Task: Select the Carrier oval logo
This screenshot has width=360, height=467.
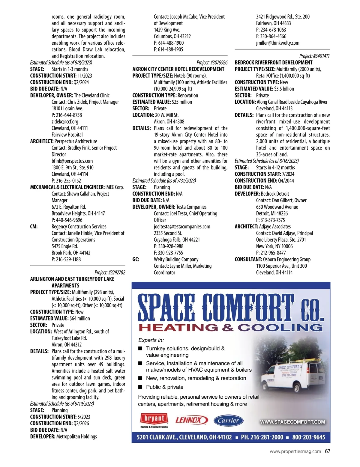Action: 228,421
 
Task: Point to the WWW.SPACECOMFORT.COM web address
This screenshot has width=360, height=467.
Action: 292,422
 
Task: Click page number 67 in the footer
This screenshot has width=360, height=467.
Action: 328,451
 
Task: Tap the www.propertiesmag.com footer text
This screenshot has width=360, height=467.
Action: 295,451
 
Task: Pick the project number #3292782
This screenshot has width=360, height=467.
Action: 110,272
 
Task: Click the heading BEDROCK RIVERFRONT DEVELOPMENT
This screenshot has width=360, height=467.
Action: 274,63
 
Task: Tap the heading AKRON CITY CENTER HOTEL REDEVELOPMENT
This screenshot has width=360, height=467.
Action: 178,69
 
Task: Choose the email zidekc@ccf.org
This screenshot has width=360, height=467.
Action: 65,122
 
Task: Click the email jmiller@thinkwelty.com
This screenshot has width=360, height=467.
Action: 277,43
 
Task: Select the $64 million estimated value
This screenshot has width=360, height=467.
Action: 79,318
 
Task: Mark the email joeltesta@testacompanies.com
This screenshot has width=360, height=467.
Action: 182,227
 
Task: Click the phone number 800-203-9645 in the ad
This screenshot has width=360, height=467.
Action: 308,437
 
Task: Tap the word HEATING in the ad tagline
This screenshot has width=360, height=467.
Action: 178,328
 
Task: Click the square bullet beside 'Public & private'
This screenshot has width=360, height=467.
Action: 140,387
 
